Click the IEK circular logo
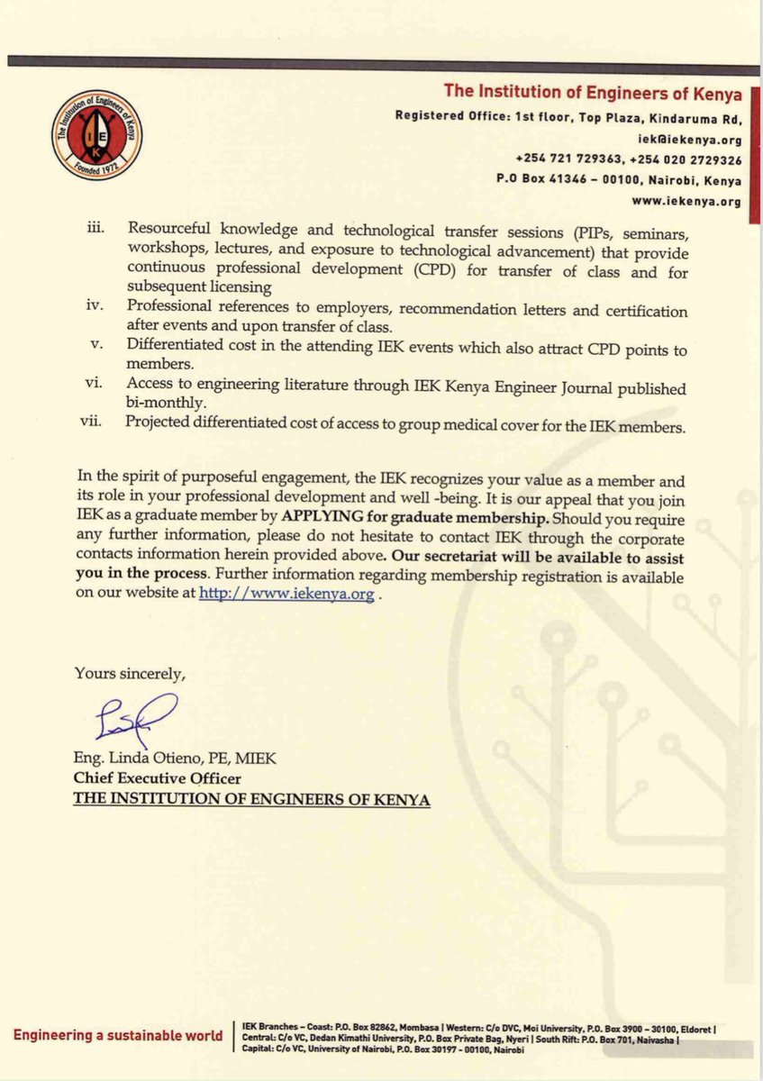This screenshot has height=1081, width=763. tap(96, 136)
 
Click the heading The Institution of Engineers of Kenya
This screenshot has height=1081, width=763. tap(593, 94)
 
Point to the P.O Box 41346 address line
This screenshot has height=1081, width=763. tap(619, 179)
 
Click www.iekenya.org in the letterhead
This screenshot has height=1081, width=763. tap(700, 201)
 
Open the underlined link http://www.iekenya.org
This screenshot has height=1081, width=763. tap(286, 596)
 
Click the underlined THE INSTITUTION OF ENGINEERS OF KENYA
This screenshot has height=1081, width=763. tap(251, 799)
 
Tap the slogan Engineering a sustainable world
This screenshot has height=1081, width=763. tap(117, 1035)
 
